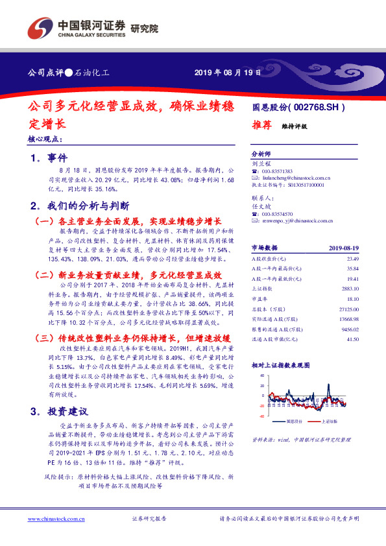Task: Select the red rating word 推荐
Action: tap(261, 126)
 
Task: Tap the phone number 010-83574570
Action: tap(278, 214)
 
